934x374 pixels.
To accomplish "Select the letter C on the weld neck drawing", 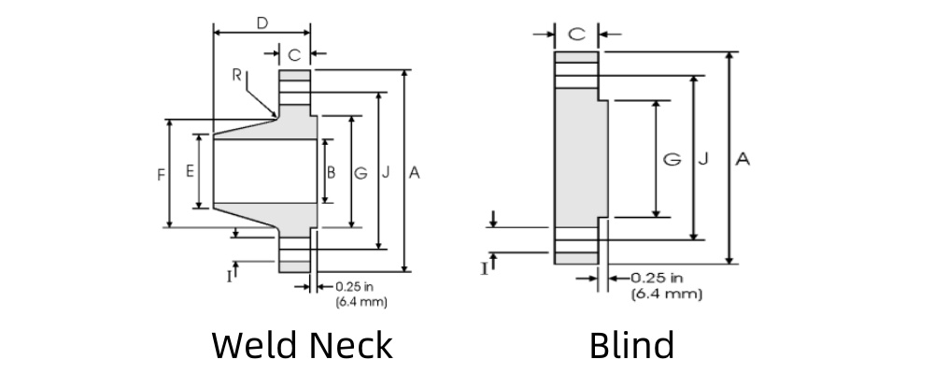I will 294,55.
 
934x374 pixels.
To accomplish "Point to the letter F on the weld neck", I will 161,174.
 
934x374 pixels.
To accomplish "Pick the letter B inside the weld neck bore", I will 331,172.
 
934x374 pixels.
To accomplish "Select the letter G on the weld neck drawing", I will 361,173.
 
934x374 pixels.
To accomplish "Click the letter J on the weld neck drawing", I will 386,173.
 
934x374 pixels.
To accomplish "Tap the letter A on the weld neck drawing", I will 415,173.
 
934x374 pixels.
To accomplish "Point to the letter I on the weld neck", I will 228,275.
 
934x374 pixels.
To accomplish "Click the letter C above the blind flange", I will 577,35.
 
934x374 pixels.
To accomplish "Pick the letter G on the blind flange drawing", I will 671,160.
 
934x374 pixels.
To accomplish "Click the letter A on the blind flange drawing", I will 743,160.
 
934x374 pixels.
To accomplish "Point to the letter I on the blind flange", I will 484,268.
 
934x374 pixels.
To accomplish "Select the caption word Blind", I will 631,345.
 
